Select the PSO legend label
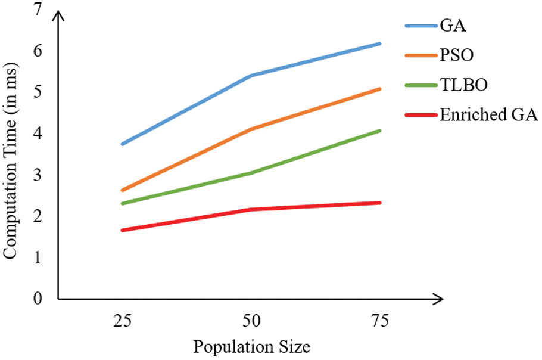(x=457, y=55)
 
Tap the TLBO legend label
(x=463, y=85)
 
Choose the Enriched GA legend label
(x=488, y=115)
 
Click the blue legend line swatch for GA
(x=420, y=26)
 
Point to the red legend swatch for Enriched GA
(x=420, y=115)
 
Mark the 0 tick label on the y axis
(x=39, y=299)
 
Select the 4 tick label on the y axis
(x=39, y=134)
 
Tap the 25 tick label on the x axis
(x=122, y=322)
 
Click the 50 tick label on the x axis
(x=251, y=322)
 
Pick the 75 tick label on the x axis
(x=380, y=322)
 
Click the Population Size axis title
(x=250, y=346)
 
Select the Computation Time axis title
(x=12, y=154)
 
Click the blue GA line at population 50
(x=251, y=76)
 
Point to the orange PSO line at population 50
(x=251, y=129)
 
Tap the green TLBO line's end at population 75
(x=379, y=131)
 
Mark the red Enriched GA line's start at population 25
(x=123, y=230)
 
